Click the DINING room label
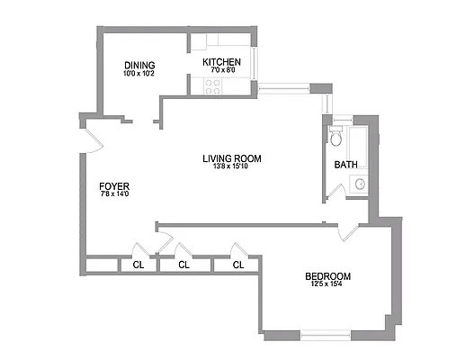[x=139, y=65]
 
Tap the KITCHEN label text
[x=220, y=62]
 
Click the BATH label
[x=345, y=165]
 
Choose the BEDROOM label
[x=327, y=276]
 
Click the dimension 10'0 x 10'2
[x=139, y=74]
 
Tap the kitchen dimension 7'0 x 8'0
[x=221, y=70]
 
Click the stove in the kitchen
[x=213, y=86]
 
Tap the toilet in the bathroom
[x=335, y=138]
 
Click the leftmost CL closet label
[x=138, y=265]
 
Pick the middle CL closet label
[x=183, y=265]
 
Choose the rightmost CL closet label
[x=238, y=265]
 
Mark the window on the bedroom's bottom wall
[x=325, y=335]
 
